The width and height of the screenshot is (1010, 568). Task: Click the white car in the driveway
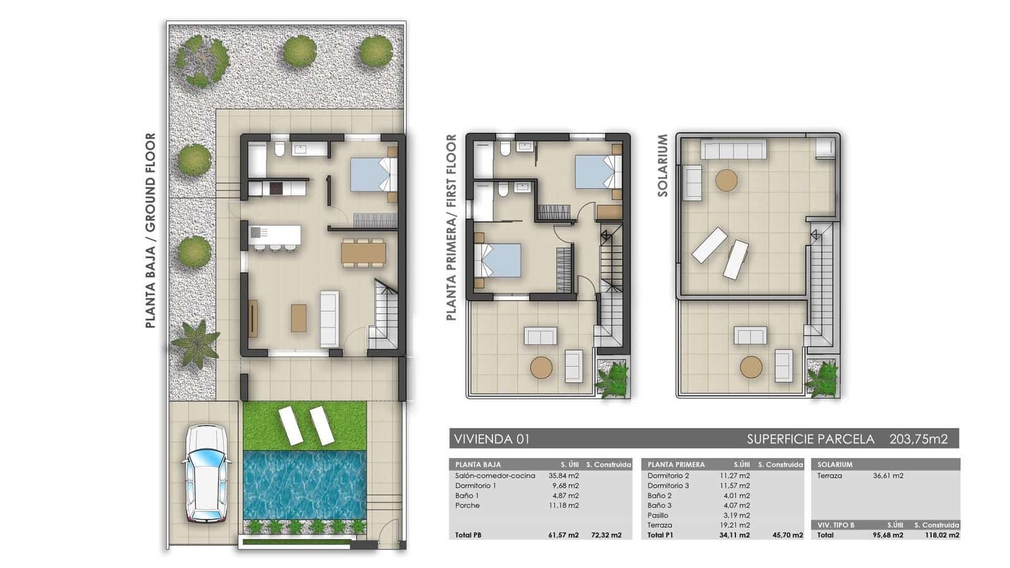pos(205,473)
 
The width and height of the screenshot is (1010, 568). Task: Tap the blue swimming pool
pos(305,483)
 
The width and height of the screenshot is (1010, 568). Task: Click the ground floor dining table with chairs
pos(363,252)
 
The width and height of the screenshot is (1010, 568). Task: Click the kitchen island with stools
pos(275,237)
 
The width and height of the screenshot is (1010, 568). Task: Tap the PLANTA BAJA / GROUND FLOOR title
pos(150,230)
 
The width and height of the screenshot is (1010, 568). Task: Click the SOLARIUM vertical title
pos(662,165)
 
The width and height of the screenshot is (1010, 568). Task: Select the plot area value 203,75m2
pos(918,439)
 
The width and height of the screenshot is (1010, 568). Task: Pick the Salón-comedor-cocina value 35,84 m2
pos(563,476)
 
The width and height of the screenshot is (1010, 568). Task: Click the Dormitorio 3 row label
pos(668,485)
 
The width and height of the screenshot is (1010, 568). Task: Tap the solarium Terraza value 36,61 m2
pos(888,476)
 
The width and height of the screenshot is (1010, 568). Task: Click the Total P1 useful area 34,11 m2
pos(734,535)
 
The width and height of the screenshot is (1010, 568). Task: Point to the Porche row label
pos(467,506)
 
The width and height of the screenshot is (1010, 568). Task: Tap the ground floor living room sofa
pos(330,319)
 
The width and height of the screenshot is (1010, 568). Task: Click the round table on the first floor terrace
pos(541,367)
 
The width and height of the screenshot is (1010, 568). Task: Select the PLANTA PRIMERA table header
pos(676,464)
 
